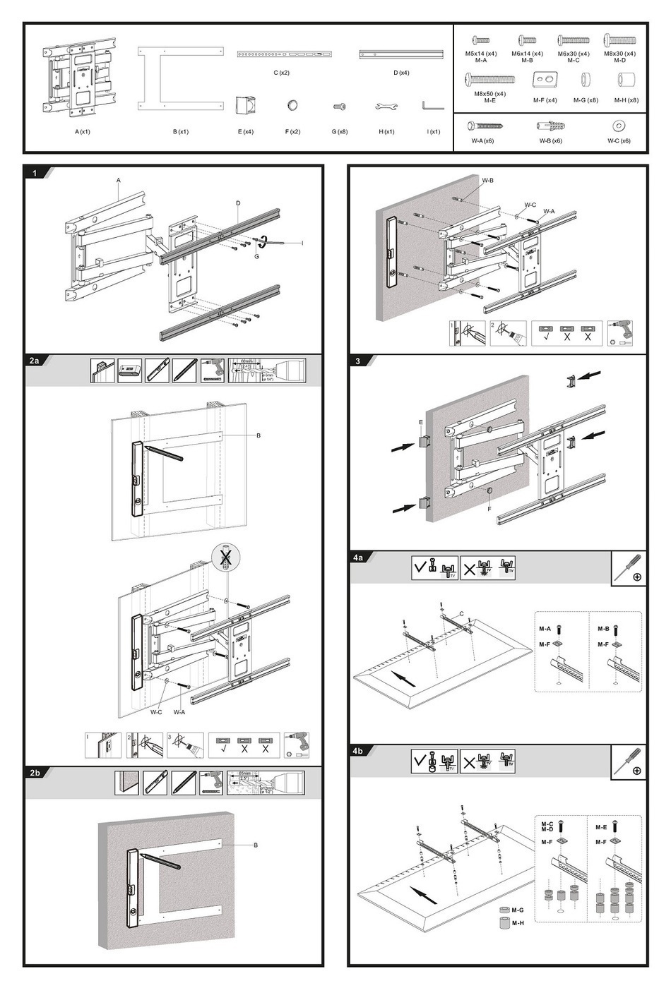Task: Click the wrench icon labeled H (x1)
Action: (x=386, y=107)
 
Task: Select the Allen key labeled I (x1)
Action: (x=432, y=106)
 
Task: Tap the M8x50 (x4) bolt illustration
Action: (x=489, y=79)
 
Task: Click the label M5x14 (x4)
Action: (x=481, y=54)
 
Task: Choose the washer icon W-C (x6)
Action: (x=619, y=126)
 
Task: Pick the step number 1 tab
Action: (x=34, y=173)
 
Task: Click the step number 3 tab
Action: (x=358, y=361)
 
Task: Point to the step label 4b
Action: (x=359, y=751)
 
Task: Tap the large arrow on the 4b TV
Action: (x=423, y=896)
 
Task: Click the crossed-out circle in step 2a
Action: (x=225, y=557)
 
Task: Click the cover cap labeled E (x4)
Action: (x=245, y=105)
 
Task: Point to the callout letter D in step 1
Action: (x=238, y=203)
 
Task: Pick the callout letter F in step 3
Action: (x=489, y=509)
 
